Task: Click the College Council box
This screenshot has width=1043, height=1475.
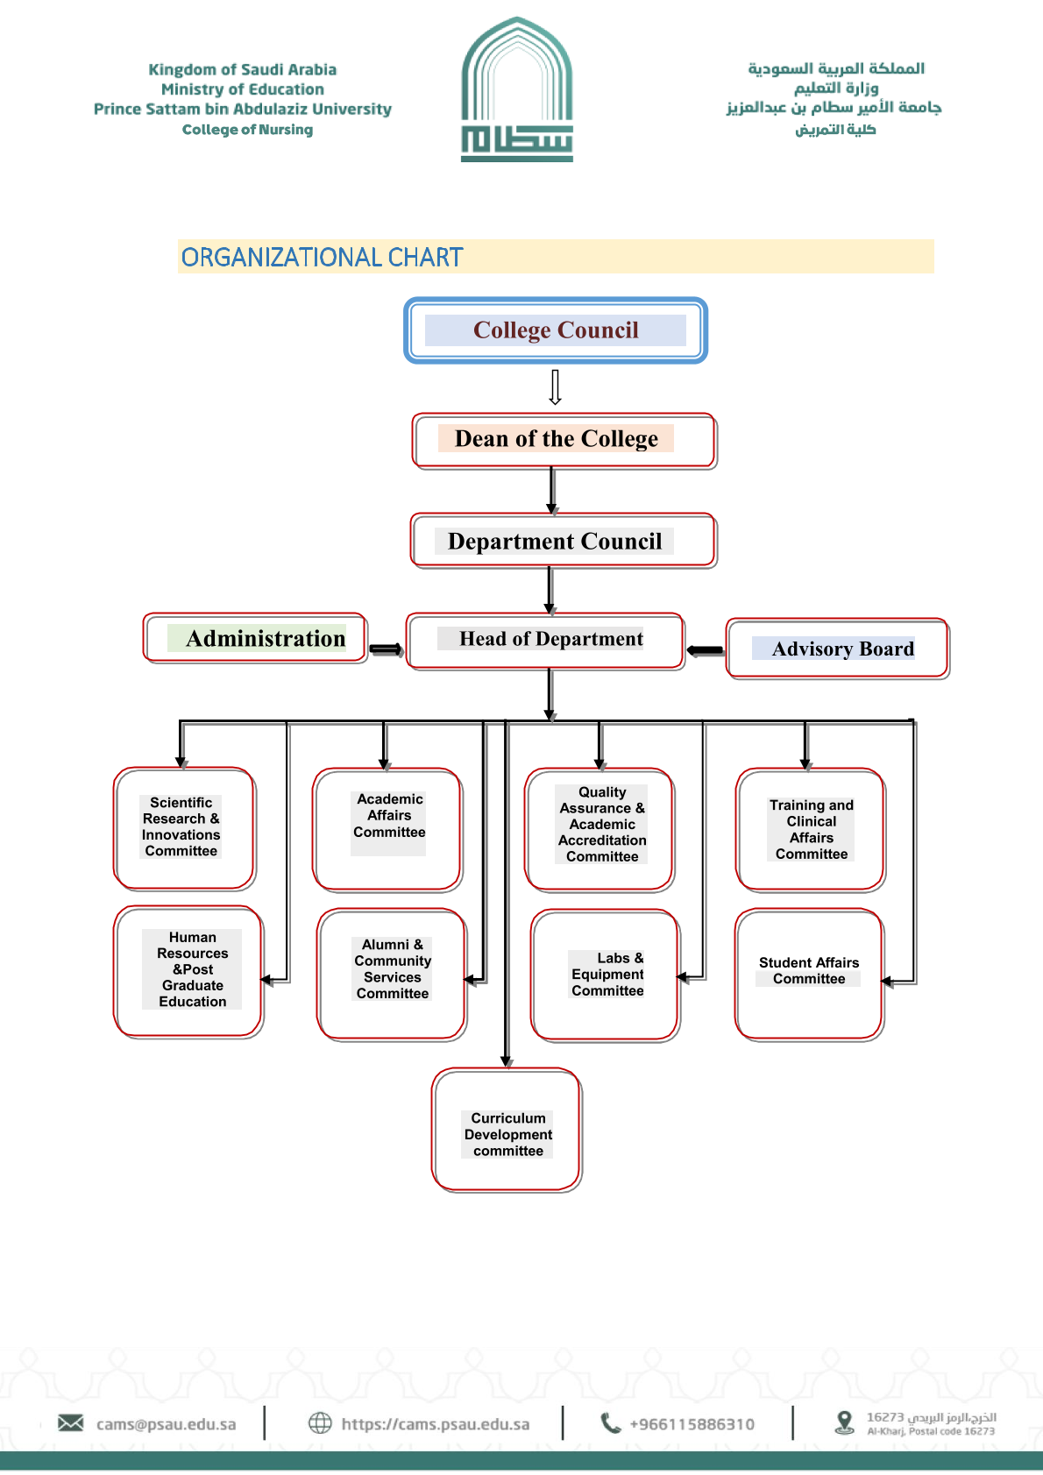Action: [x=556, y=330]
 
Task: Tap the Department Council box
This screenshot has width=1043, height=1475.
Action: [x=564, y=541]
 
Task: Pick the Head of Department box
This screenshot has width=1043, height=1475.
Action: [x=544, y=641]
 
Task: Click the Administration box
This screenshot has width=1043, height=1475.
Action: [x=255, y=638]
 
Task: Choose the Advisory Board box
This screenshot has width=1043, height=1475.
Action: [x=837, y=649]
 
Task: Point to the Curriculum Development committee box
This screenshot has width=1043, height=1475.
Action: [x=507, y=1130]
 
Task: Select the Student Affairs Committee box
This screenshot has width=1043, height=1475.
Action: [x=809, y=974]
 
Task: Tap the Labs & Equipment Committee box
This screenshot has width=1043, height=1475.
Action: [x=605, y=975]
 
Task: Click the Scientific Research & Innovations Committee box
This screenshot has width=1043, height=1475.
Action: [x=184, y=828]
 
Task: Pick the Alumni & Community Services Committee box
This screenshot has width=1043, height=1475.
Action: [x=392, y=973]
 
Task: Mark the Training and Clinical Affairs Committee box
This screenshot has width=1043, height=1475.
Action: [x=811, y=829]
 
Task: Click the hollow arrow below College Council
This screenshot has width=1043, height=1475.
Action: [x=555, y=386]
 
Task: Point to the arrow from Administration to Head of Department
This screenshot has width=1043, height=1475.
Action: [x=386, y=649]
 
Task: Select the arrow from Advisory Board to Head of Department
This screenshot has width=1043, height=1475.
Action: [x=705, y=650]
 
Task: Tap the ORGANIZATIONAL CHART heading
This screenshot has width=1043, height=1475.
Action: [x=322, y=258]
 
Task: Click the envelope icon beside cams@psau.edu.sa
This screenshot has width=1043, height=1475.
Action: [x=71, y=1422]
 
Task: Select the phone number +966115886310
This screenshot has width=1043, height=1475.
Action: [x=692, y=1424]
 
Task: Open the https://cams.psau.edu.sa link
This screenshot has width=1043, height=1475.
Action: [x=435, y=1424]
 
